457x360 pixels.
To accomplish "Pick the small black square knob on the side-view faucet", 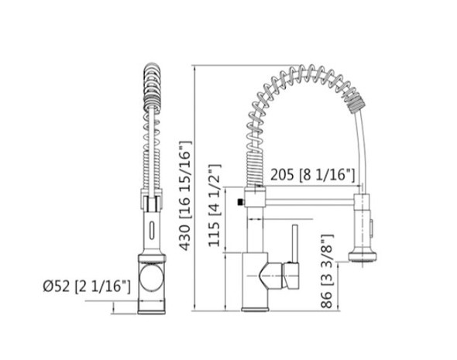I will click(241, 204).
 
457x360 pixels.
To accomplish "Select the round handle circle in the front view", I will click(152, 276).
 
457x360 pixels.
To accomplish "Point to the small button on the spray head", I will click(371, 228).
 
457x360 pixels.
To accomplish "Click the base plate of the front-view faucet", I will click(153, 311).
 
